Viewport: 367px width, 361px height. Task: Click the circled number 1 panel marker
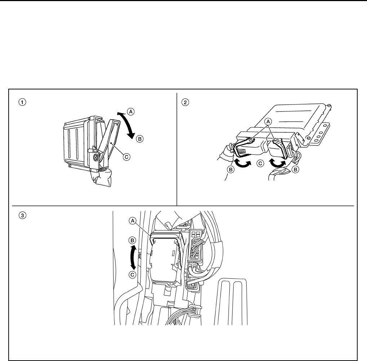click(x=22, y=102)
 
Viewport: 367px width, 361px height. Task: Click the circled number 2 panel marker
click(x=185, y=102)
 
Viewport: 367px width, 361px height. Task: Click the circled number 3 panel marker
click(x=22, y=215)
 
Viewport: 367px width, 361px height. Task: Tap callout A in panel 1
click(x=131, y=111)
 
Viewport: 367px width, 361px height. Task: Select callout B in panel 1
click(x=140, y=139)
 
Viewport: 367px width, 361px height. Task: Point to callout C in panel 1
click(x=127, y=157)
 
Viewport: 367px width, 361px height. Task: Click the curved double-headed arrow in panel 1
click(x=127, y=124)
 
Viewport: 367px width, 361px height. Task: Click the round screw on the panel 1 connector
click(x=96, y=158)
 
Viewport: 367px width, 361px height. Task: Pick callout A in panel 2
click(x=268, y=122)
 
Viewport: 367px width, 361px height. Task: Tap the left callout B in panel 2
click(x=231, y=169)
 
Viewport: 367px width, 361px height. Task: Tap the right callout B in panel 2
click(x=295, y=169)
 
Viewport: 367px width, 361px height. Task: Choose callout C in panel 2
click(x=260, y=163)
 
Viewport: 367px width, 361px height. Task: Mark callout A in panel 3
click(x=133, y=221)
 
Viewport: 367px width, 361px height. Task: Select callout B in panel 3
click(x=132, y=240)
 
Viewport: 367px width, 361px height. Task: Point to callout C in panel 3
click(x=132, y=274)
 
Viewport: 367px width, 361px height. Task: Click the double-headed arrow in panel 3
click(x=133, y=257)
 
